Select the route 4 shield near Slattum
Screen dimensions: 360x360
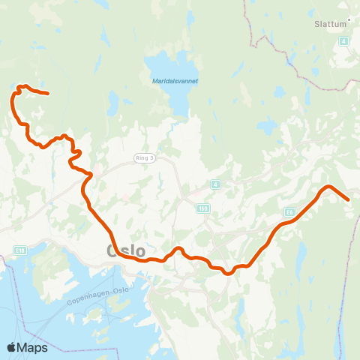343,41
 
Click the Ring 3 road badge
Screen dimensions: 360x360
143,157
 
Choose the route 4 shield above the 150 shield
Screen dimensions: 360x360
214,184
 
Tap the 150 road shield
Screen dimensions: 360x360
204,209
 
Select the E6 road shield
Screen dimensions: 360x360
290,211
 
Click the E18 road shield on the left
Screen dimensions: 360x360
19,250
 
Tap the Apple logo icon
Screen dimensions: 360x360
12,347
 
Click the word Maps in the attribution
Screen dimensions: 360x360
32,347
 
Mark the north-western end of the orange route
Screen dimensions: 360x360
48,94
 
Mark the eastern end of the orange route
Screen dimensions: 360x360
349,199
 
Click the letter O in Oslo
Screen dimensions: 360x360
113,250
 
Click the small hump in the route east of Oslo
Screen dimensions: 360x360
178,248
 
